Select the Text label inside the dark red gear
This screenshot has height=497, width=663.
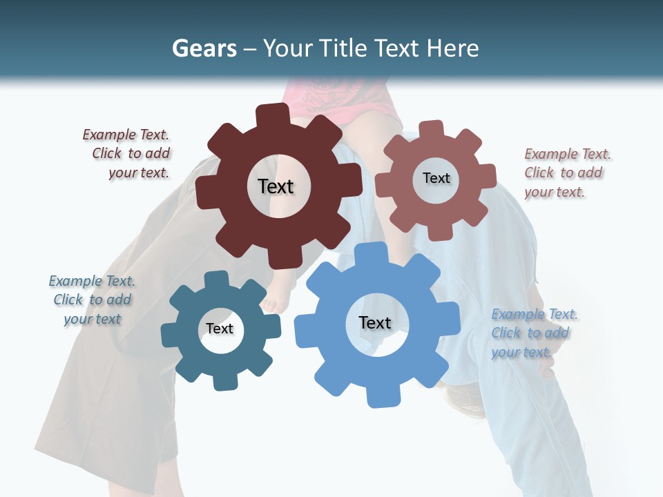276,186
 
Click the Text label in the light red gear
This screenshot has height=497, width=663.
436,178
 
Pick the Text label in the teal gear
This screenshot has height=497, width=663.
220,329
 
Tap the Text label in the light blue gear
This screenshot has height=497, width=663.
375,322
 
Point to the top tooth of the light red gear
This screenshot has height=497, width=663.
432,129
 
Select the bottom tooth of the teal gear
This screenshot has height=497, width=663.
222,381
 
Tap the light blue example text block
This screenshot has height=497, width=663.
533,333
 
